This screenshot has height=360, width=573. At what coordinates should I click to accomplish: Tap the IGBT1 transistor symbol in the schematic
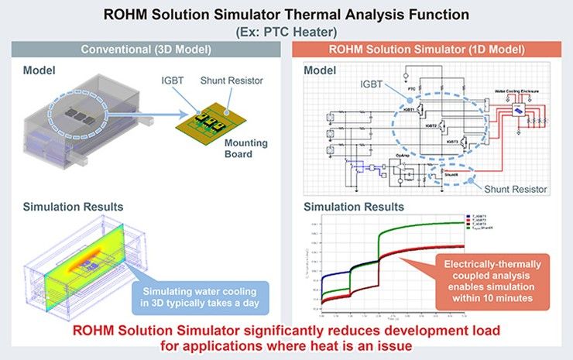coord(422,110)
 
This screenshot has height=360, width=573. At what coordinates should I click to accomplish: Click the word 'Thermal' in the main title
coord(337,12)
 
